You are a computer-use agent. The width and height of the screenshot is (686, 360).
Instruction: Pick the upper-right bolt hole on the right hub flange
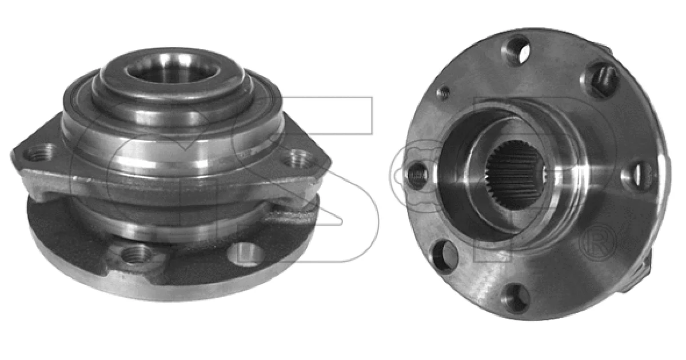tap(600, 79)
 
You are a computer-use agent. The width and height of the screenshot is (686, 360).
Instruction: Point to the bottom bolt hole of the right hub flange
tap(517, 299)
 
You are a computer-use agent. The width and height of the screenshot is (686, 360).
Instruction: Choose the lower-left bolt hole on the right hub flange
tap(445, 257)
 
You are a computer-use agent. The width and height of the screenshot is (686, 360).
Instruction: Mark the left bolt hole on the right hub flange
tap(417, 176)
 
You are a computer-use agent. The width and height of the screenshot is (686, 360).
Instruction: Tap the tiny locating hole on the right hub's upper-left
tap(444, 93)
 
